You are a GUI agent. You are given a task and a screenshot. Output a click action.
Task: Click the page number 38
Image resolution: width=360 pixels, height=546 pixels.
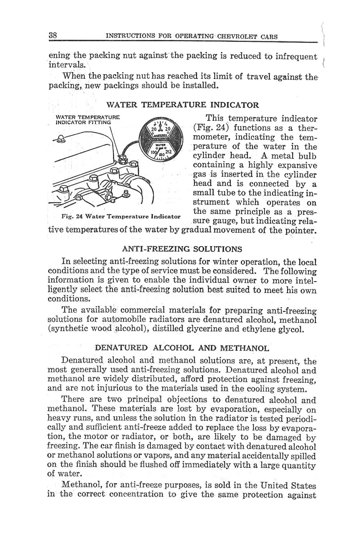click(x=53, y=36)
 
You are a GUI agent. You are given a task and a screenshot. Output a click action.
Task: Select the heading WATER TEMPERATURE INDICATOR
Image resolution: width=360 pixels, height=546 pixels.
click(x=183, y=105)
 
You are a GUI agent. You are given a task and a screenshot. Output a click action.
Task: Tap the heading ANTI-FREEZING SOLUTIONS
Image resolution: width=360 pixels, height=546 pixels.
click(x=182, y=249)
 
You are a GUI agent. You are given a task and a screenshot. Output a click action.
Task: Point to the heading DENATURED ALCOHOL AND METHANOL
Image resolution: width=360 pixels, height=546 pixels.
click(x=182, y=348)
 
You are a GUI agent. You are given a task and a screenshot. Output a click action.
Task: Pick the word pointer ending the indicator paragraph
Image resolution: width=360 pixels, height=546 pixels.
click(x=301, y=230)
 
